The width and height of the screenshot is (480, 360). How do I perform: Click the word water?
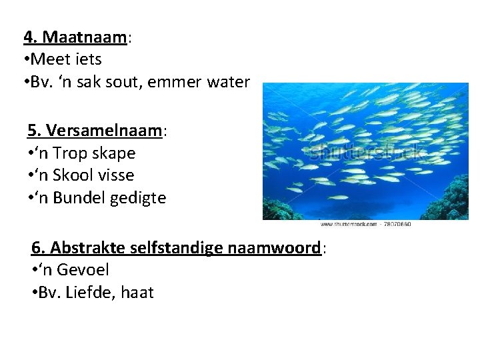(229, 82)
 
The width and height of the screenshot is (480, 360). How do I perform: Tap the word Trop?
(71, 153)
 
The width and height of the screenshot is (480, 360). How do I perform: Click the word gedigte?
(139, 199)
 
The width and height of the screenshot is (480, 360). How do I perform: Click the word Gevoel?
(83, 270)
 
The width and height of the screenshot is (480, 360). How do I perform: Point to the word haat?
(138, 293)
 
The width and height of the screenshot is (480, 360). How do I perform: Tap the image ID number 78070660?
(397, 225)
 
